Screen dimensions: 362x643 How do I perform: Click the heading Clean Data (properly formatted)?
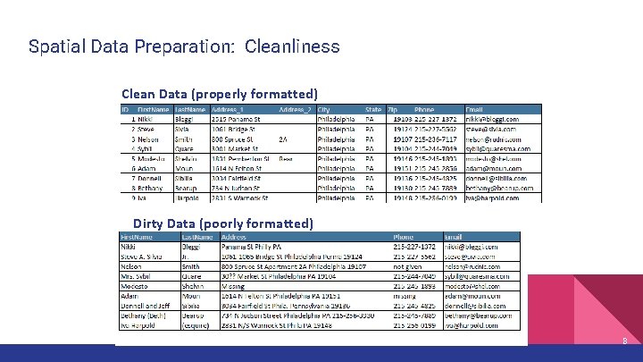pos(220,94)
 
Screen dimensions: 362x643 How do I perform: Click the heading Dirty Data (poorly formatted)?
pos(223,223)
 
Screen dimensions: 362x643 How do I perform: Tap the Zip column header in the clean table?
pos(392,109)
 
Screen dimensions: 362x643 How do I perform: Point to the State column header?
pos(373,109)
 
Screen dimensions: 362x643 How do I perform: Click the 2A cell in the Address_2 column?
pos(283,139)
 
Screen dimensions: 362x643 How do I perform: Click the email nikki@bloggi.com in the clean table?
pos(493,119)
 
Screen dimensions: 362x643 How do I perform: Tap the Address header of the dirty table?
pos(237,236)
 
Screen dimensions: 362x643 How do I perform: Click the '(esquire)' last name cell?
pos(199,326)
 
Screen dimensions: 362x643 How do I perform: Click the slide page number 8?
pos(625,341)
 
